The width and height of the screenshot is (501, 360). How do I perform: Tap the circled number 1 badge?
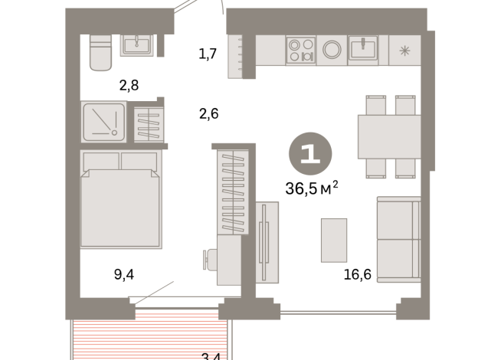click(x=310, y=155)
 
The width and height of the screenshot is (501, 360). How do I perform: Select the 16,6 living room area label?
click(x=356, y=274)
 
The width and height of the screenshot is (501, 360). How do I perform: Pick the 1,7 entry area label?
click(x=207, y=54)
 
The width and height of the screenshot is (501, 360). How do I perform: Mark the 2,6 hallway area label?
click(x=208, y=114)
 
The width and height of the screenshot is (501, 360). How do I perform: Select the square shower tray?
click(x=104, y=121)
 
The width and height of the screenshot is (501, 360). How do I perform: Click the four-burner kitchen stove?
click(x=300, y=50)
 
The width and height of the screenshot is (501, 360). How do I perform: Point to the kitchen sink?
click(x=362, y=49)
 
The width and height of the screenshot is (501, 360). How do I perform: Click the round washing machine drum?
click(x=331, y=50)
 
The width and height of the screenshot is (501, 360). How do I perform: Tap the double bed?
click(x=120, y=199)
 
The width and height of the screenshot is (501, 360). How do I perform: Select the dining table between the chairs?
click(x=389, y=136)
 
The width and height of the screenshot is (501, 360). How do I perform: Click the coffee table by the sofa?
click(x=334, y=238)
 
